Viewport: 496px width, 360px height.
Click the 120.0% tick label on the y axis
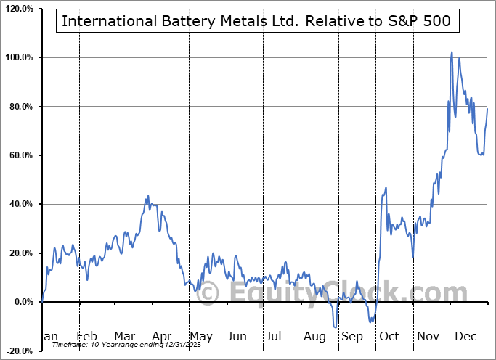(17, 8)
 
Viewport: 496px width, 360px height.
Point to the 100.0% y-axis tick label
(17, 57)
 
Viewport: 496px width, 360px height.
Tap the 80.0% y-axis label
(20, 107)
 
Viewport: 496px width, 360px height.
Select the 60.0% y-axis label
(20, 155)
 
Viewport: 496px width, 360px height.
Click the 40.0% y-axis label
(20, 204)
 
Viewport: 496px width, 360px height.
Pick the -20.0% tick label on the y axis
(18, 351)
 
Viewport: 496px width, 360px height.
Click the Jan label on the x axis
(49, 336)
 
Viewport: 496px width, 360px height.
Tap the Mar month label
(126, 336)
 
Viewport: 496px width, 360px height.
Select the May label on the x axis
(201, 336)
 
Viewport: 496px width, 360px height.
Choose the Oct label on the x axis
(390, 336)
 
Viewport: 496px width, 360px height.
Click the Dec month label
(466, 336)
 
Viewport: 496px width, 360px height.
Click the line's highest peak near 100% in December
(451, 52)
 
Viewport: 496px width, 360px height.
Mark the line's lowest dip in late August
(335, 327)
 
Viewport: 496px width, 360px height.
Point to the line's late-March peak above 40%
(147, 196)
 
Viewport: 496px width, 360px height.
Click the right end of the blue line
(487, 108)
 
